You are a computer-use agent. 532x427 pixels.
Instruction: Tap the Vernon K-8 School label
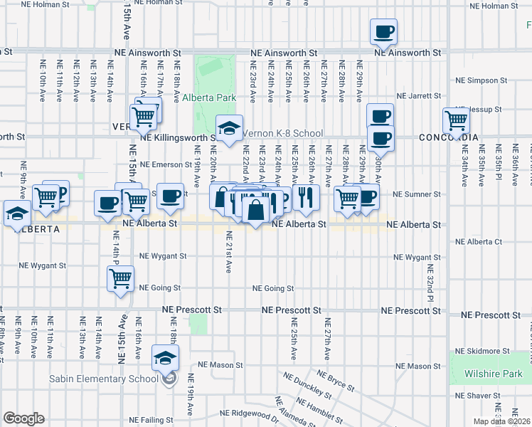[x=283, y=133]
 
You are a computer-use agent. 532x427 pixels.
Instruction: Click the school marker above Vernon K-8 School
[x=230, y=128]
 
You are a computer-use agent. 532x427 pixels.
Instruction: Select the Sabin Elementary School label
[x=103, y=379]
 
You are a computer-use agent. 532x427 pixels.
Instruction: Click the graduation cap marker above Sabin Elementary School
[x=166, y=358]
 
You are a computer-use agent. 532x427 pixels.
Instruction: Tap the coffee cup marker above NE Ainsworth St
[x=383, y=32]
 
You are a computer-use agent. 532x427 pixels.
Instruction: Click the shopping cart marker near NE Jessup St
[x=455, y=121]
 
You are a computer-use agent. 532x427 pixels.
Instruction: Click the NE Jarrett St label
[x=420, y=95]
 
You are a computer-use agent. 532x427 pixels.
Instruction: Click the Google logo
[x=23, y=418]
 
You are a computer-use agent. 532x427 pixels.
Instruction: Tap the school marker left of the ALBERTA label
[x=17, y=213]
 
